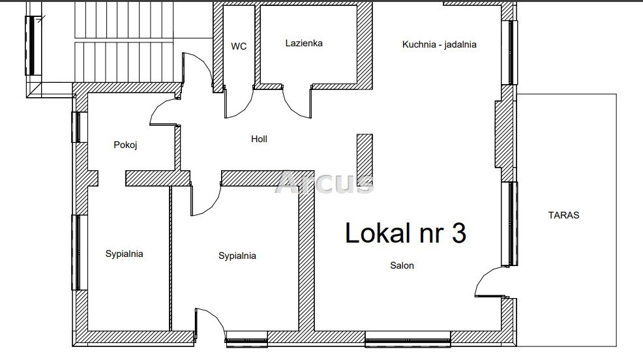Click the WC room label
point(239,46)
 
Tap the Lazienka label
point(304,43)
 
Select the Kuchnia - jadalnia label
point(439,44)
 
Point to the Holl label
point(259,139)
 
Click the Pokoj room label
point(125,145)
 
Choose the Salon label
point(402,265)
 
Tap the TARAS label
point(564,215)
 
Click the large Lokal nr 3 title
point(406,233)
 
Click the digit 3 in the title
point(459,233)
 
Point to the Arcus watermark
point(324,183)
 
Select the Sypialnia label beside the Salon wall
point(237,256)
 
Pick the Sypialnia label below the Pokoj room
point(125,254)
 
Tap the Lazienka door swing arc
point(292,108)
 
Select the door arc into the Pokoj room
point(157,108)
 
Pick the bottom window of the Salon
point(408,340)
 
